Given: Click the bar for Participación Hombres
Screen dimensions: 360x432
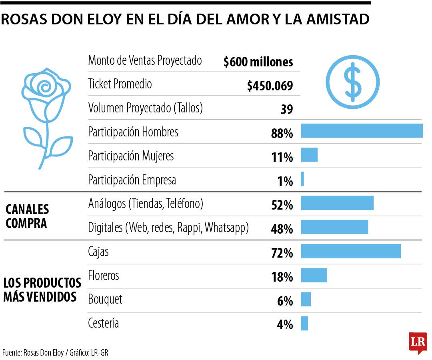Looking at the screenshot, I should (x=362, y=131).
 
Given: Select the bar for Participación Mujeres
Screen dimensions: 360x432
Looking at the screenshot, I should (x=309, y=155).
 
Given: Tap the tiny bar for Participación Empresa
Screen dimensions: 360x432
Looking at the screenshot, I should (x=302, y=179).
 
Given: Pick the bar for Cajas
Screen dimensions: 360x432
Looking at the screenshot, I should (x=350, y=251).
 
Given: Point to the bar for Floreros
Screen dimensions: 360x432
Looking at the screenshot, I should (x=314, y=275).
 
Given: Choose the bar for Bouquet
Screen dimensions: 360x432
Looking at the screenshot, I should (x=306, y=299).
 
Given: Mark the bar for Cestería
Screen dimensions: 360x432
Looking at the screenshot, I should (x=304, y=323).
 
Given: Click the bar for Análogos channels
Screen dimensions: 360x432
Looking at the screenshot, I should (x=337, y=203).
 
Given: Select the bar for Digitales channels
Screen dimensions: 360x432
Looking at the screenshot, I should (x=334, y=227).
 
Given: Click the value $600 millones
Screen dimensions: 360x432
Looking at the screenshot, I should (x=258, y=62).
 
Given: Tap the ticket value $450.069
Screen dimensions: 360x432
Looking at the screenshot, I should (x=270, y=86).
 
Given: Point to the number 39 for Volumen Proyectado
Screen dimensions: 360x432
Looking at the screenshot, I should (x=286, y=110).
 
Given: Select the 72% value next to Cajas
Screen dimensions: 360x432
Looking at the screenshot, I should (x=282, y=253).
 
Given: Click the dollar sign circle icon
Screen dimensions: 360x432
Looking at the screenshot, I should (x=353, y=82).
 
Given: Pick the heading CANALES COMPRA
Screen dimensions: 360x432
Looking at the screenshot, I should (x=27, y=216).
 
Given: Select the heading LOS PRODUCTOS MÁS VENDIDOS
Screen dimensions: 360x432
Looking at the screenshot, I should (x=42, y=290).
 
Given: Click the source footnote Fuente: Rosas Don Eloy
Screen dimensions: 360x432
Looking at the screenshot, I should (x=55, y=353).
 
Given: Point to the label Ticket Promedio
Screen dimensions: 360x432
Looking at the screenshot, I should (x=120, y=84).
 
